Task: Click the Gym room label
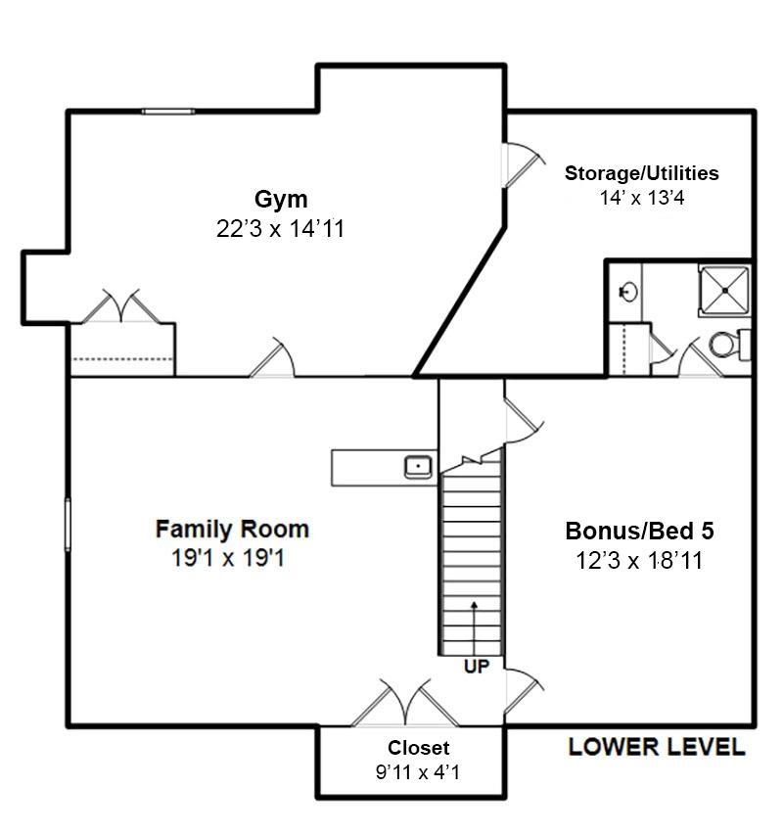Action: coord(281,200)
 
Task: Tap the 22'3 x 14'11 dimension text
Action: coord(281,229)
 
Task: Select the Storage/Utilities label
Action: coord(641,173)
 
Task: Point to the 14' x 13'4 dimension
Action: coord(642,198)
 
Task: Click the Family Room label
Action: coord(232,529)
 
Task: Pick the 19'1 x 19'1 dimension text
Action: coord(228,558)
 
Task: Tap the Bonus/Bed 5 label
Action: coord(639,531)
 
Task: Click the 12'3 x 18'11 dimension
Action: coord(639,560)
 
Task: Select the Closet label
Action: coord(418,748)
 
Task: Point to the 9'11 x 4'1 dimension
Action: coord(418,771)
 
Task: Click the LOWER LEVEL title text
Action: coord(657,747)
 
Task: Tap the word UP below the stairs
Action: coord(477,667)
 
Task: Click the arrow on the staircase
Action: coord(474,627)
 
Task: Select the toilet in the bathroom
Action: coord(730,345)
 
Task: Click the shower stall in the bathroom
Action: coord(724,291)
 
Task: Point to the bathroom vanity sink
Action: coord(628,292)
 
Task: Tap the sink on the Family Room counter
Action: coord(418,467)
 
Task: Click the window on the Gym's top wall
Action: coord(168,112)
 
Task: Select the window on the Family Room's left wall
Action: coord(68,525)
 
